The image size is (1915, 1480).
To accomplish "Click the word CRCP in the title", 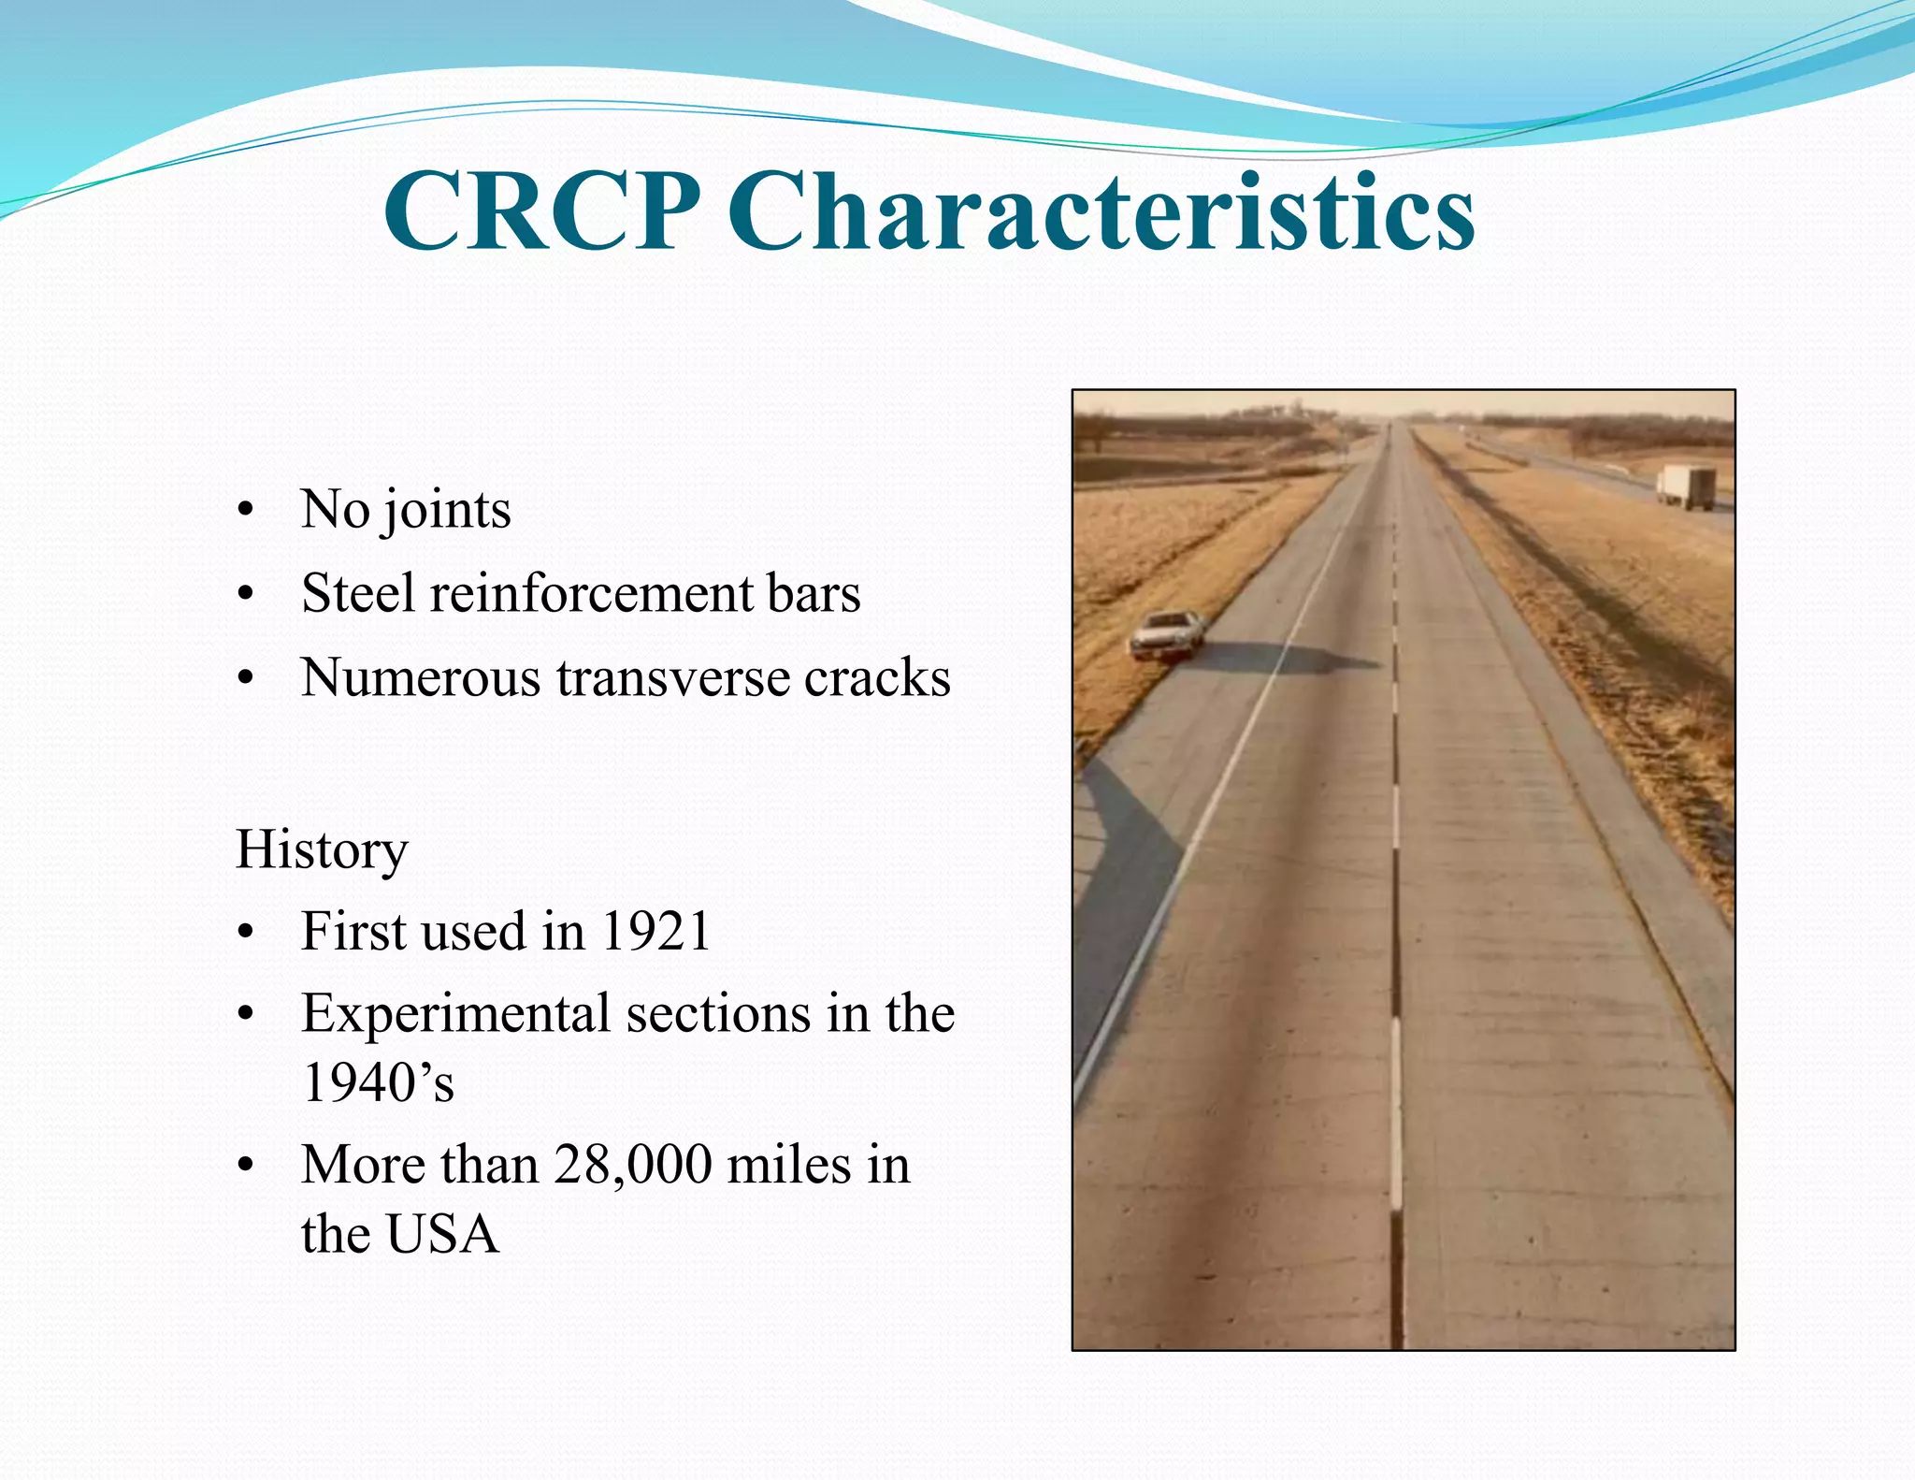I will (x=542, y=213).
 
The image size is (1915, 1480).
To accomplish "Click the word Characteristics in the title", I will (x=1101, y=213).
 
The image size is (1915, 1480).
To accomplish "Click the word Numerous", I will (x=421, y=677).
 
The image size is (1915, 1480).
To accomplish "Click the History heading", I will (x=322, y=850).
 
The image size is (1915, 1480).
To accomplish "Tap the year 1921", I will (x=655, y=932).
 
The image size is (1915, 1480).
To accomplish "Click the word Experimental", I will (x=455, y=1014).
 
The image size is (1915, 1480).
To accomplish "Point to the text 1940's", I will (x=378, y=1083).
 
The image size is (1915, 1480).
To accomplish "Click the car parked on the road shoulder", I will (x=1166, y=635).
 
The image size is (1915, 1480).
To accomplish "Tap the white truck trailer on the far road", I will (x=1686, y=487).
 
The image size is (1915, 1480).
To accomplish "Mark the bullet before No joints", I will (x=246, y=512).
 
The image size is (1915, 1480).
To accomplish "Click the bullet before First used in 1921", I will (x=246, y=933).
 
